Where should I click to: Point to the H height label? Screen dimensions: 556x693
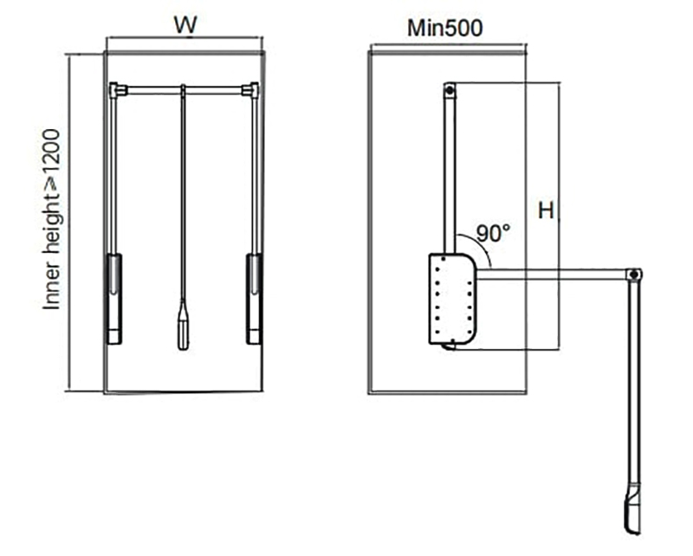click(x=545, y=210)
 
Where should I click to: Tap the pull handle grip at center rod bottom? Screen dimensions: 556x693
click(x=183, y=324)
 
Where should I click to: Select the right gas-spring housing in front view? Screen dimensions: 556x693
click(x=253, y=298)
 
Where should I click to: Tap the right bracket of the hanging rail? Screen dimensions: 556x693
click(x=251, y=88)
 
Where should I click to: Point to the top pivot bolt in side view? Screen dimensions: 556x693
click(x=450, y=88)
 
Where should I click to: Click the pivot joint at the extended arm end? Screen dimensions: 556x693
click(x=635, y=275)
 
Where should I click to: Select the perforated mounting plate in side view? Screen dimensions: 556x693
click(x=451, y=298)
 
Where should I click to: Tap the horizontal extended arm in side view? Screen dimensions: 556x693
click(x=554, y=275)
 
